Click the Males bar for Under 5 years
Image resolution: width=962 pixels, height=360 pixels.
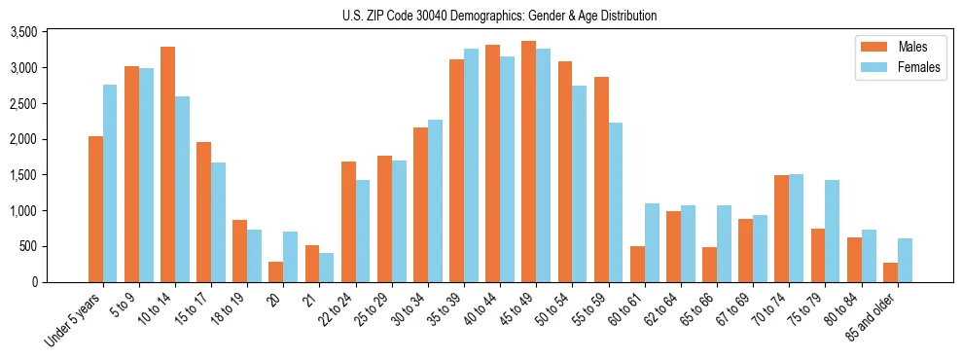pyautogui.click(x=95, y=209)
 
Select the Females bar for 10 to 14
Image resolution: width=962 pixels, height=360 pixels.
pyautogui.click(x=182, y=190)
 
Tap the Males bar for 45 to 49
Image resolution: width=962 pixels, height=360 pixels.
pyautogui.click(x=528, y=162)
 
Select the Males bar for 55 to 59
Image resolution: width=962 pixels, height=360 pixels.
pyautogui.click(x=601, y=180)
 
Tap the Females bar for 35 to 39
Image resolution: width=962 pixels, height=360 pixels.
pyautogui.click(x=471, y=165)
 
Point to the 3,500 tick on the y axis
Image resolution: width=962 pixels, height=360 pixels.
pyautogui.click(x=51, y=32)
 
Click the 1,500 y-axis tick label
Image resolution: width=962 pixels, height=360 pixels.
pyautogui.click(x=51, y=175)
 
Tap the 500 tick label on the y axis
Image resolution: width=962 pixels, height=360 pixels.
pyautogui.click(x=56, y=246)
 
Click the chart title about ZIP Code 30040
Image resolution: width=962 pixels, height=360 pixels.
pyautogui.click(x=499, y=16)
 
